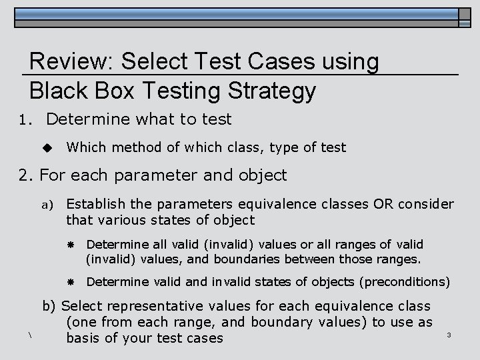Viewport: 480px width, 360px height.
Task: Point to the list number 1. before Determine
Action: pos(26,121)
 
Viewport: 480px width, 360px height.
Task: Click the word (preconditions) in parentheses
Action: pos(405,282)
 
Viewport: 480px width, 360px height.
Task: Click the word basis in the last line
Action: pos(84,338)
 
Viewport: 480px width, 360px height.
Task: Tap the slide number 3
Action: pos(449,334)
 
